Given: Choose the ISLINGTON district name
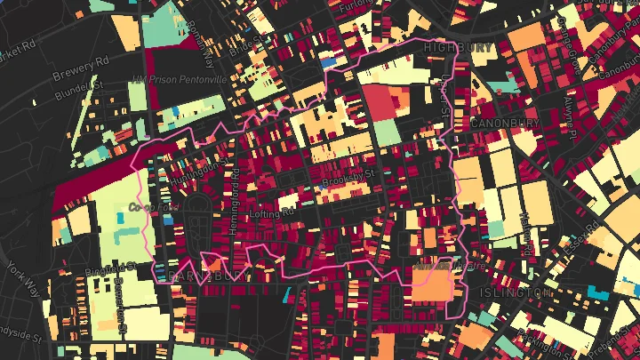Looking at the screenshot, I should pos(515,292).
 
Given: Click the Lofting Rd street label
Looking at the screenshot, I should pos(272,213).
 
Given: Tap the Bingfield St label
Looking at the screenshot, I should pos(110,266).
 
